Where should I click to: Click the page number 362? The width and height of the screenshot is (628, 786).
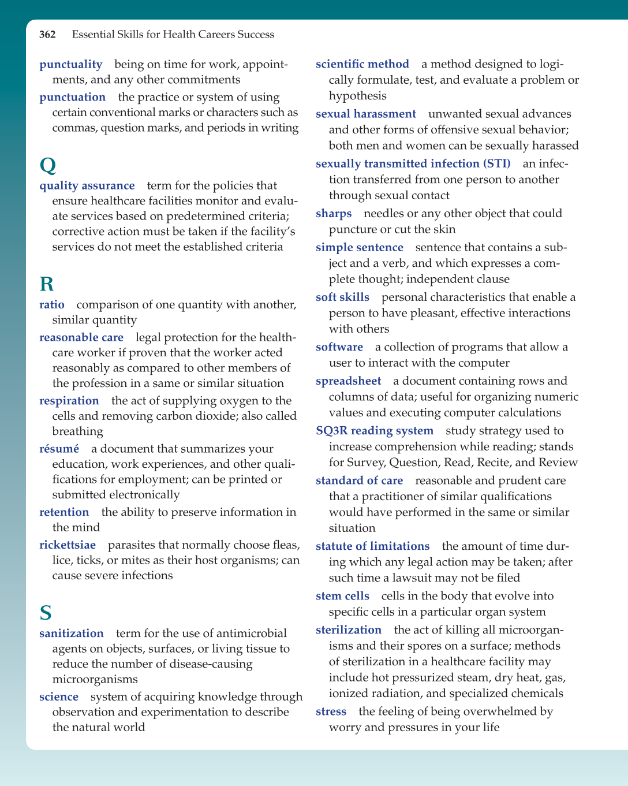click(x=47, y=35)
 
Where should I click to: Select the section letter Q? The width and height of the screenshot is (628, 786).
click(x=48, y=166)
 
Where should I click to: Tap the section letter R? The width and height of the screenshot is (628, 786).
click(x=47, y=284)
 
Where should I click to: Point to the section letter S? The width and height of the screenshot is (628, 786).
click(x=46, y=613)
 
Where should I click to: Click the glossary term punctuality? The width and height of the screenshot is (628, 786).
click(x=70, y=65)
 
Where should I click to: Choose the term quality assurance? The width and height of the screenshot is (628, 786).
click(x=87, y=186)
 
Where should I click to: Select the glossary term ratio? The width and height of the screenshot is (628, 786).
click(x=52, y=305)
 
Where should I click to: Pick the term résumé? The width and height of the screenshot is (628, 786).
click(x=59, y=449)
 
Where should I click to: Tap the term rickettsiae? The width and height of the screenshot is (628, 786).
click(x=68, y=545)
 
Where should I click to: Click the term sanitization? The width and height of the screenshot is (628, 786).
click(x=72, y=634)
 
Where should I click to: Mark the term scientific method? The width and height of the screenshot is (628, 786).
click(x=362, y=64)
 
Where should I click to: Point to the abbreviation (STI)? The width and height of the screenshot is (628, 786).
click(x=491, y=164)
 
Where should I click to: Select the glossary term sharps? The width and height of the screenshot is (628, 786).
click(x=334, y=214)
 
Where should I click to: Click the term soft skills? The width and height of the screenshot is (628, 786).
click(x=342, y=297)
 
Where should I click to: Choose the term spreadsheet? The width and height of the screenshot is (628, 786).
click(x=349, y=381)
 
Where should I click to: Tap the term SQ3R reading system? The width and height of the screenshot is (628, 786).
click(x=375, y=431)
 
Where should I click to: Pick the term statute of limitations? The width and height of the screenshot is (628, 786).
click(x=373, y=546)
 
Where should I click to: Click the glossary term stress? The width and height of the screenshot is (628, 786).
click(x=331, y=712)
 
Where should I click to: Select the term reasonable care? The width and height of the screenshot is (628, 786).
click(x=81, y=338)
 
